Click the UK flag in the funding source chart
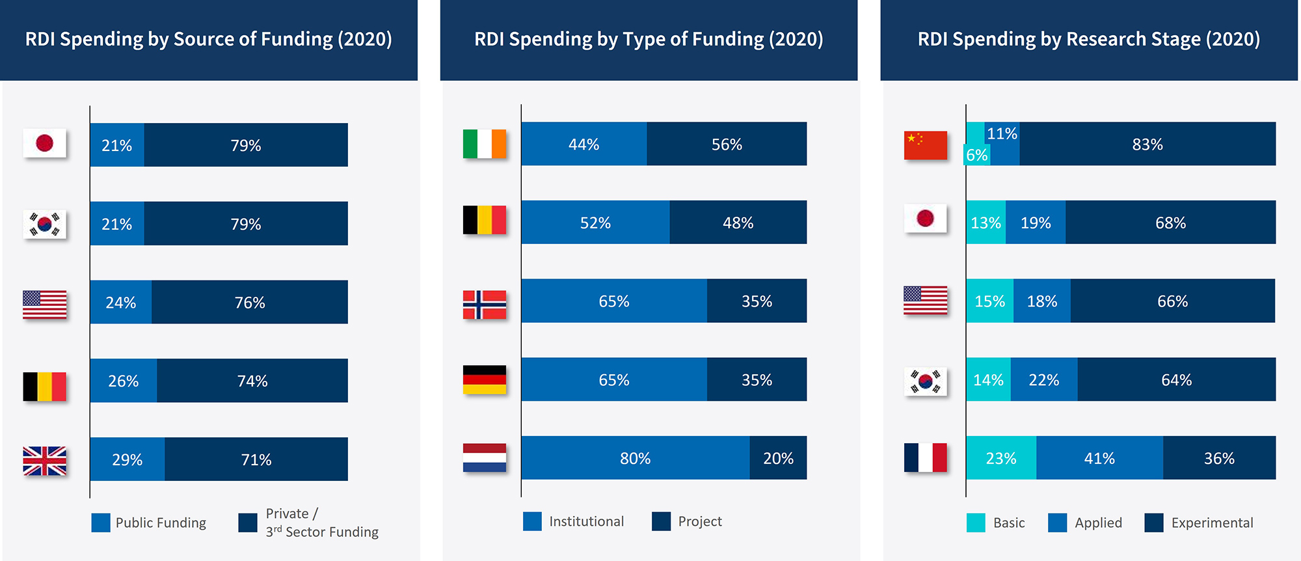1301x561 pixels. pos(44,461)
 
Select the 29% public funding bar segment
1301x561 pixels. pos(127,459)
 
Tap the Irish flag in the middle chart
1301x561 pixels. pos(484,144)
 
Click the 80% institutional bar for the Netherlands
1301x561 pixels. pos(635,458)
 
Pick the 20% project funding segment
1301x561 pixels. pos(778,458)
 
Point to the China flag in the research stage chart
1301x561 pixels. pos(925,145)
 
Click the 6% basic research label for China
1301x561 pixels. pos(976,155)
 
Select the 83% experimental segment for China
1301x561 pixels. pos(1147,144)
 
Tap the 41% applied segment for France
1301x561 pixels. pos(1099,458)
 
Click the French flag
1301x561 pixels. pos(925,458)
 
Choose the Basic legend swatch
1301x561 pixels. pos(976,523)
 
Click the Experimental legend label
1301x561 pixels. pos(1211,523)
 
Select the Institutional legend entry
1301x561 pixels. pos(585,521)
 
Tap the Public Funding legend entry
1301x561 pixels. pos(160,523)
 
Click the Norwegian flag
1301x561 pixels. pos(484,305)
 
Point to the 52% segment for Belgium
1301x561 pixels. pos(595,223)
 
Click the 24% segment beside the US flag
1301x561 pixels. pos(121,302)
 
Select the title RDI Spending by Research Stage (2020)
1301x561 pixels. pos(1088,39)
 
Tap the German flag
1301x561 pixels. pos(484,379)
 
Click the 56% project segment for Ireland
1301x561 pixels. pos(727,144)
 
